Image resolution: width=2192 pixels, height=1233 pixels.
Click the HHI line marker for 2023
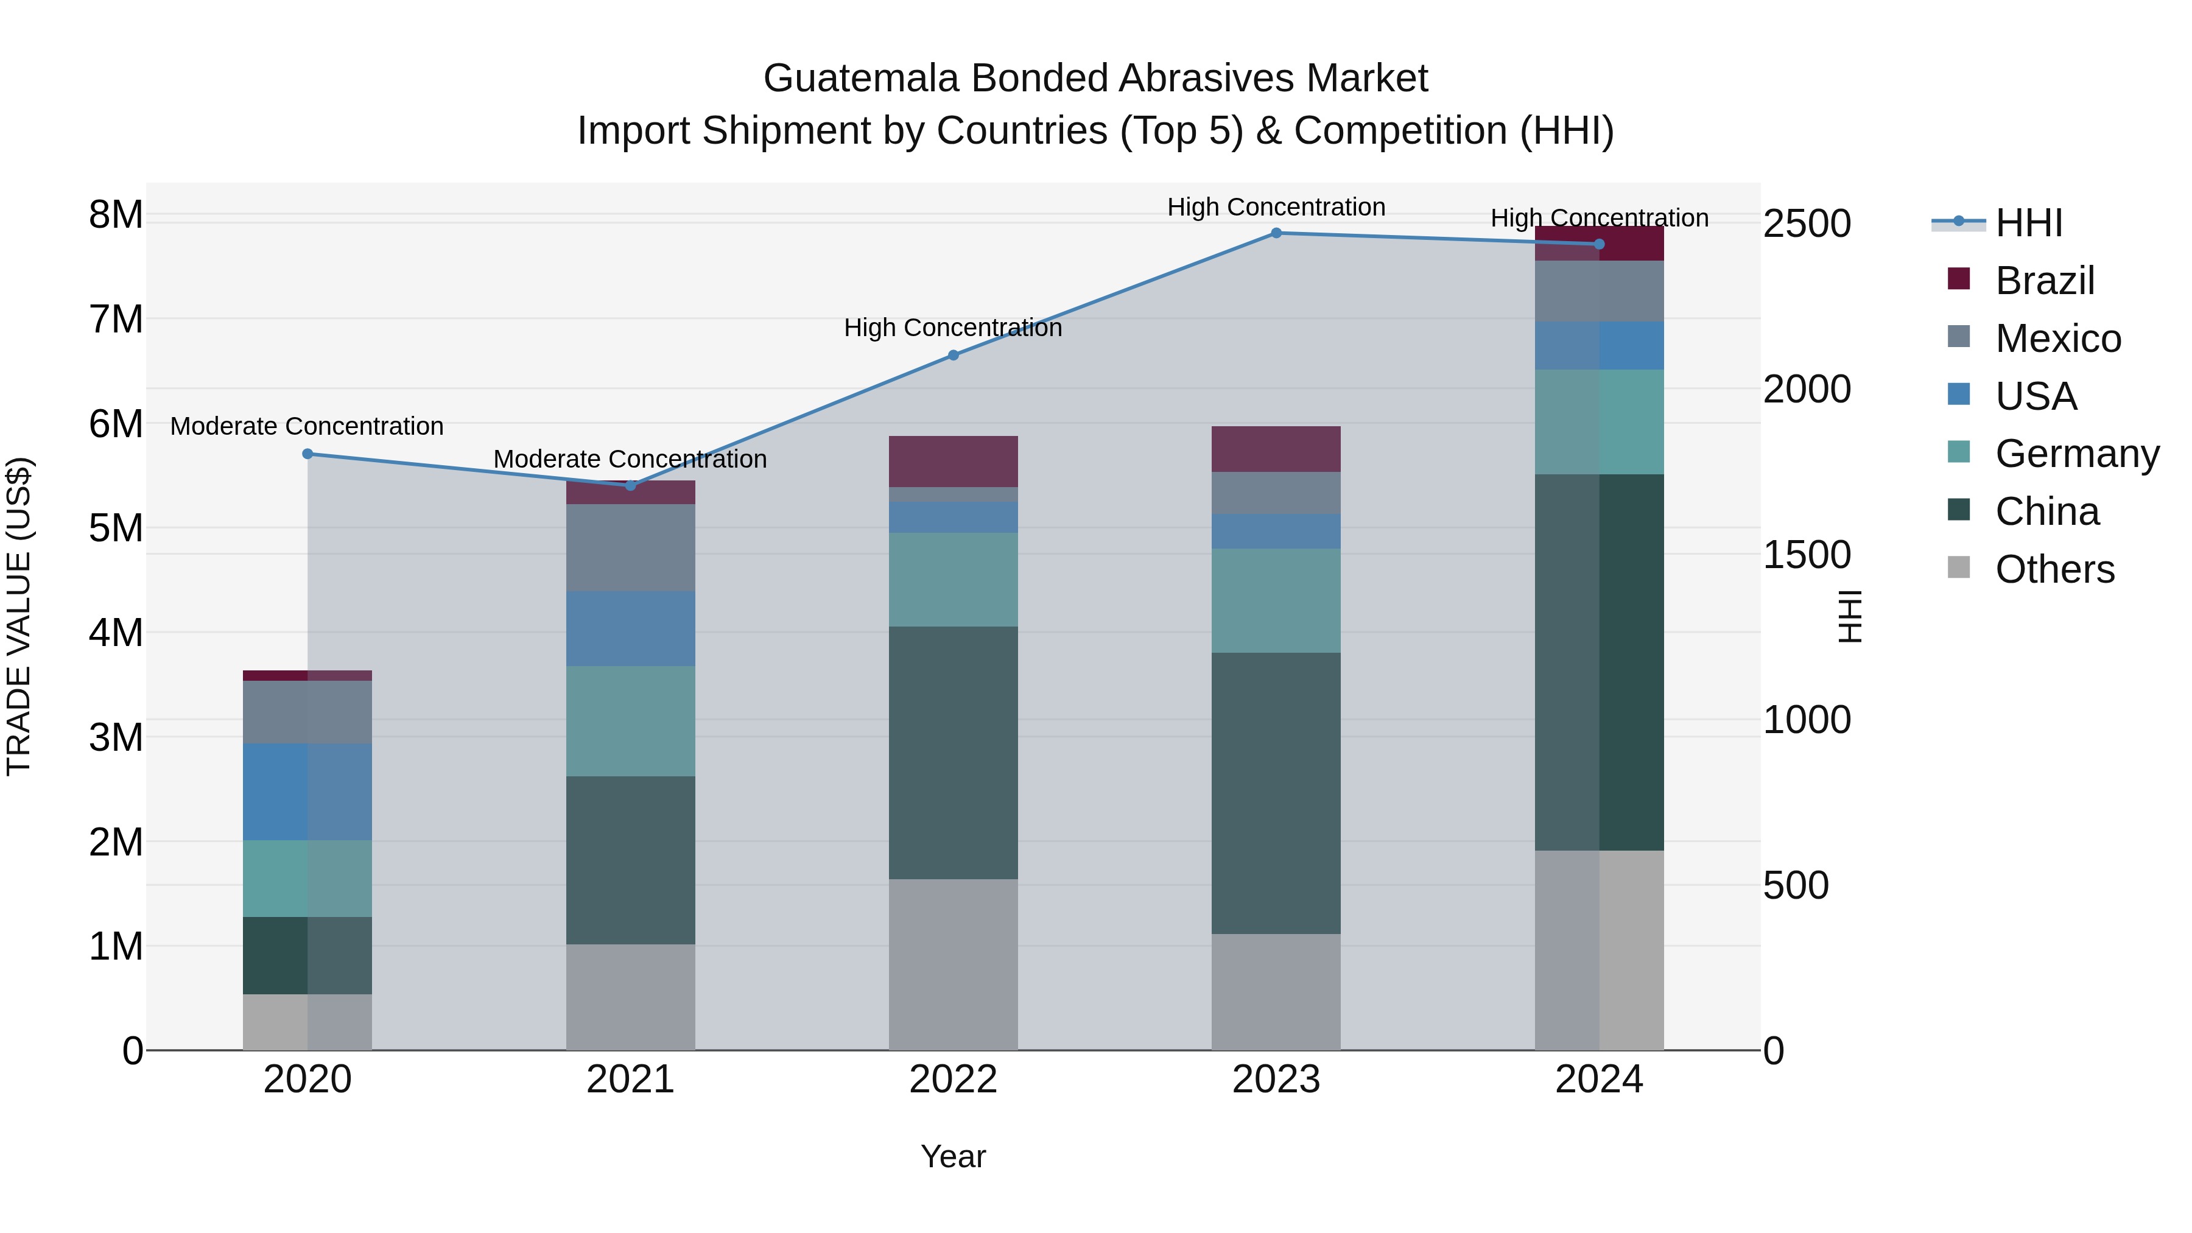click(x=1276, y=233)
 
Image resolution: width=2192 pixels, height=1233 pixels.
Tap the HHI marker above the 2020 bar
click(x=308, y=454)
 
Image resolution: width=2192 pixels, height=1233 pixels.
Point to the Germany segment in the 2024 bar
click(x=1599, y=422)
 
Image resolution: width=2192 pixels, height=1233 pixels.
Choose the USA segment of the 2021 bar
click(x=631, y=629)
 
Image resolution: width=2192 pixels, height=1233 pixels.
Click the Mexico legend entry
click(x=2057, y=339)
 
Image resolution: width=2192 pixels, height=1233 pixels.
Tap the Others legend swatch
click(x=1958, y=567)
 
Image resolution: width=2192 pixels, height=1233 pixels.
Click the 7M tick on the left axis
click(x=116, y=320)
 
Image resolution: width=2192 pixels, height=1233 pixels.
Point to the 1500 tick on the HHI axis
click(x=1807, y=555)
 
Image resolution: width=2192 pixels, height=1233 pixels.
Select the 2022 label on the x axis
click(x=953, y=1080)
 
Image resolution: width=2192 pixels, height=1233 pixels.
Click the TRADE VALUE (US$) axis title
click(x=19, y=616)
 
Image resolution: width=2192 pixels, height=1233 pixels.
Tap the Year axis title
click(x=953, y=1156)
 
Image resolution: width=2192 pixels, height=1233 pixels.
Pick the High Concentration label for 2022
click(x=953, y=328)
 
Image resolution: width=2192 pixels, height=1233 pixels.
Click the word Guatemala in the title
click(x=860, y=79)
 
